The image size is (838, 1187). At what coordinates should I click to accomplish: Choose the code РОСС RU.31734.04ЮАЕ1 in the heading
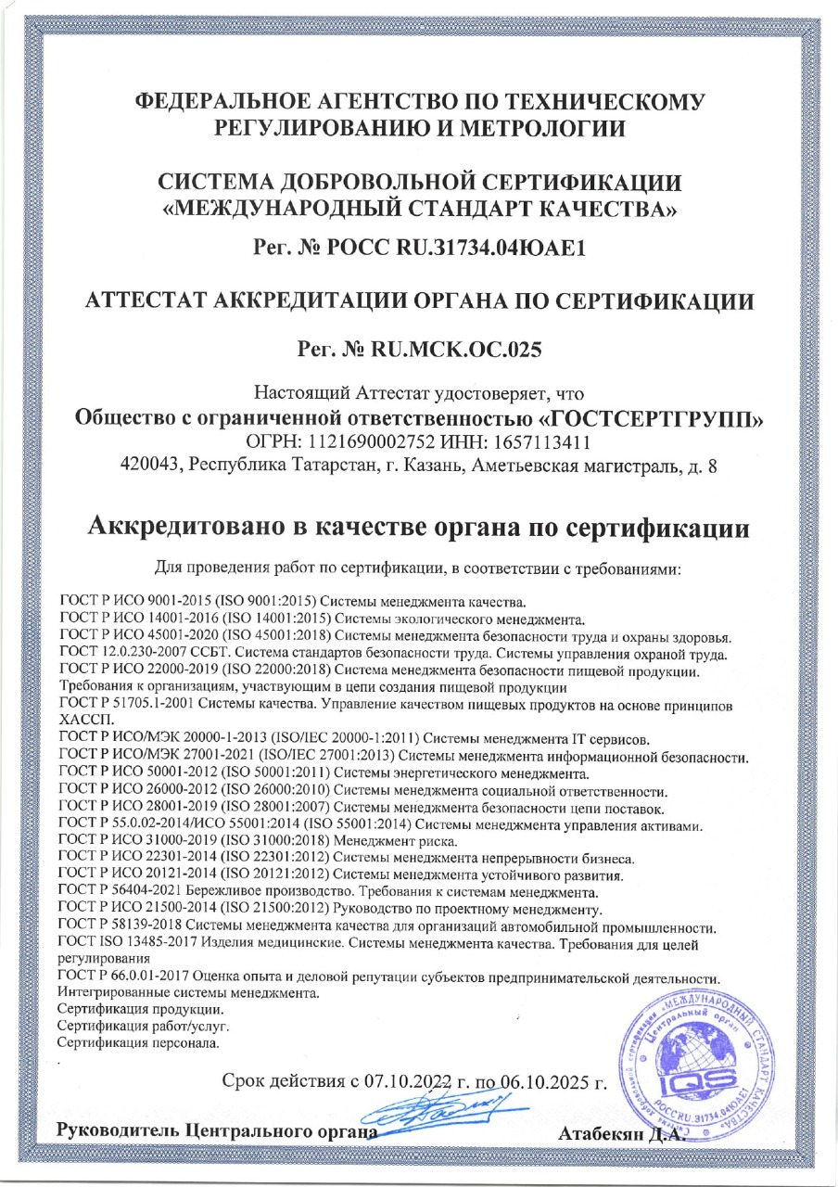(x=463, y=248)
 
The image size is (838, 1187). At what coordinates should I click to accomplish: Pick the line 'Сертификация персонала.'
(x=138, y=1044)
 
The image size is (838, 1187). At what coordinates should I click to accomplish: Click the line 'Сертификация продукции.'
(x=139, y=1010)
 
